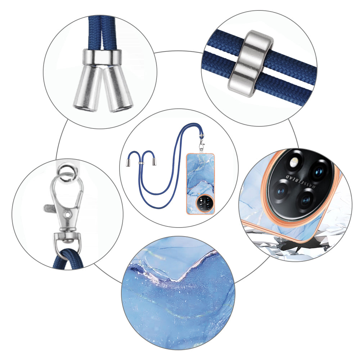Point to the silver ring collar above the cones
point(102,57)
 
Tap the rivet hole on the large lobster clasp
point(66,214)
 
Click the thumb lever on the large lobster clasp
point(49,208)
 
